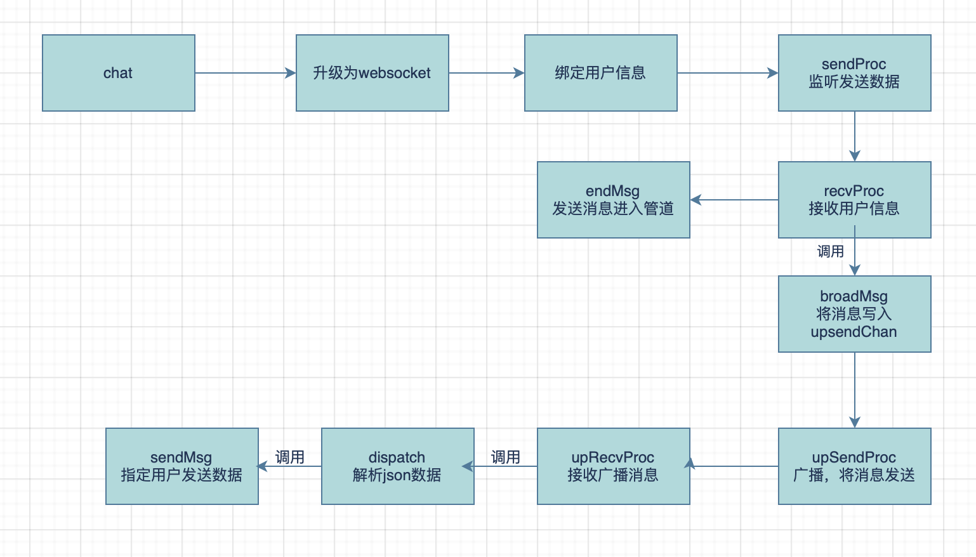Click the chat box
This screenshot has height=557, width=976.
(x=119, y=73)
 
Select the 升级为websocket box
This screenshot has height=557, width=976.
(x=373, y=73)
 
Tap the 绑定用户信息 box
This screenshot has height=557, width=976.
(x=600, y=73)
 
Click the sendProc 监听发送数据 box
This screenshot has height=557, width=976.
(x=854, y=73)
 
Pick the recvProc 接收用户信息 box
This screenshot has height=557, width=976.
(x=854, y=200)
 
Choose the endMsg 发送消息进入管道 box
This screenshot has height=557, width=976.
(x=613, y=200)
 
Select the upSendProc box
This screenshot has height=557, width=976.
(x=854, y=466)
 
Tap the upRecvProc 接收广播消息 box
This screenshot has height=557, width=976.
(x=613, y=466)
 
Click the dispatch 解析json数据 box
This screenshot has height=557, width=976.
(x=397, y=466)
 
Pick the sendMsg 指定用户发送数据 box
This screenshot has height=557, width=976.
(x=181, y=466)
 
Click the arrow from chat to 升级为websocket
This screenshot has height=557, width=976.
(x=246, y=73)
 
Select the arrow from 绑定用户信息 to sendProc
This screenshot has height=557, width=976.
(x=727, y=73)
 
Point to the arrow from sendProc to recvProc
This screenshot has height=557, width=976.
(x=855, y=136)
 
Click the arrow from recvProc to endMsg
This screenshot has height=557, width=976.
(x=734, y=200)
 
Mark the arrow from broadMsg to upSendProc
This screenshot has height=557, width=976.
(x=855, y=390)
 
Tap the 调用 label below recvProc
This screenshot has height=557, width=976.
(x=830, y=252)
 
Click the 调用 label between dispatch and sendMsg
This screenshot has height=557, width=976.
(x=290, y=457)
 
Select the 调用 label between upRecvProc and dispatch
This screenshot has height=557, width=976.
(x=506, y=457)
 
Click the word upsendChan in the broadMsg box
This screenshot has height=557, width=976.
(x=854, y=332)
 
